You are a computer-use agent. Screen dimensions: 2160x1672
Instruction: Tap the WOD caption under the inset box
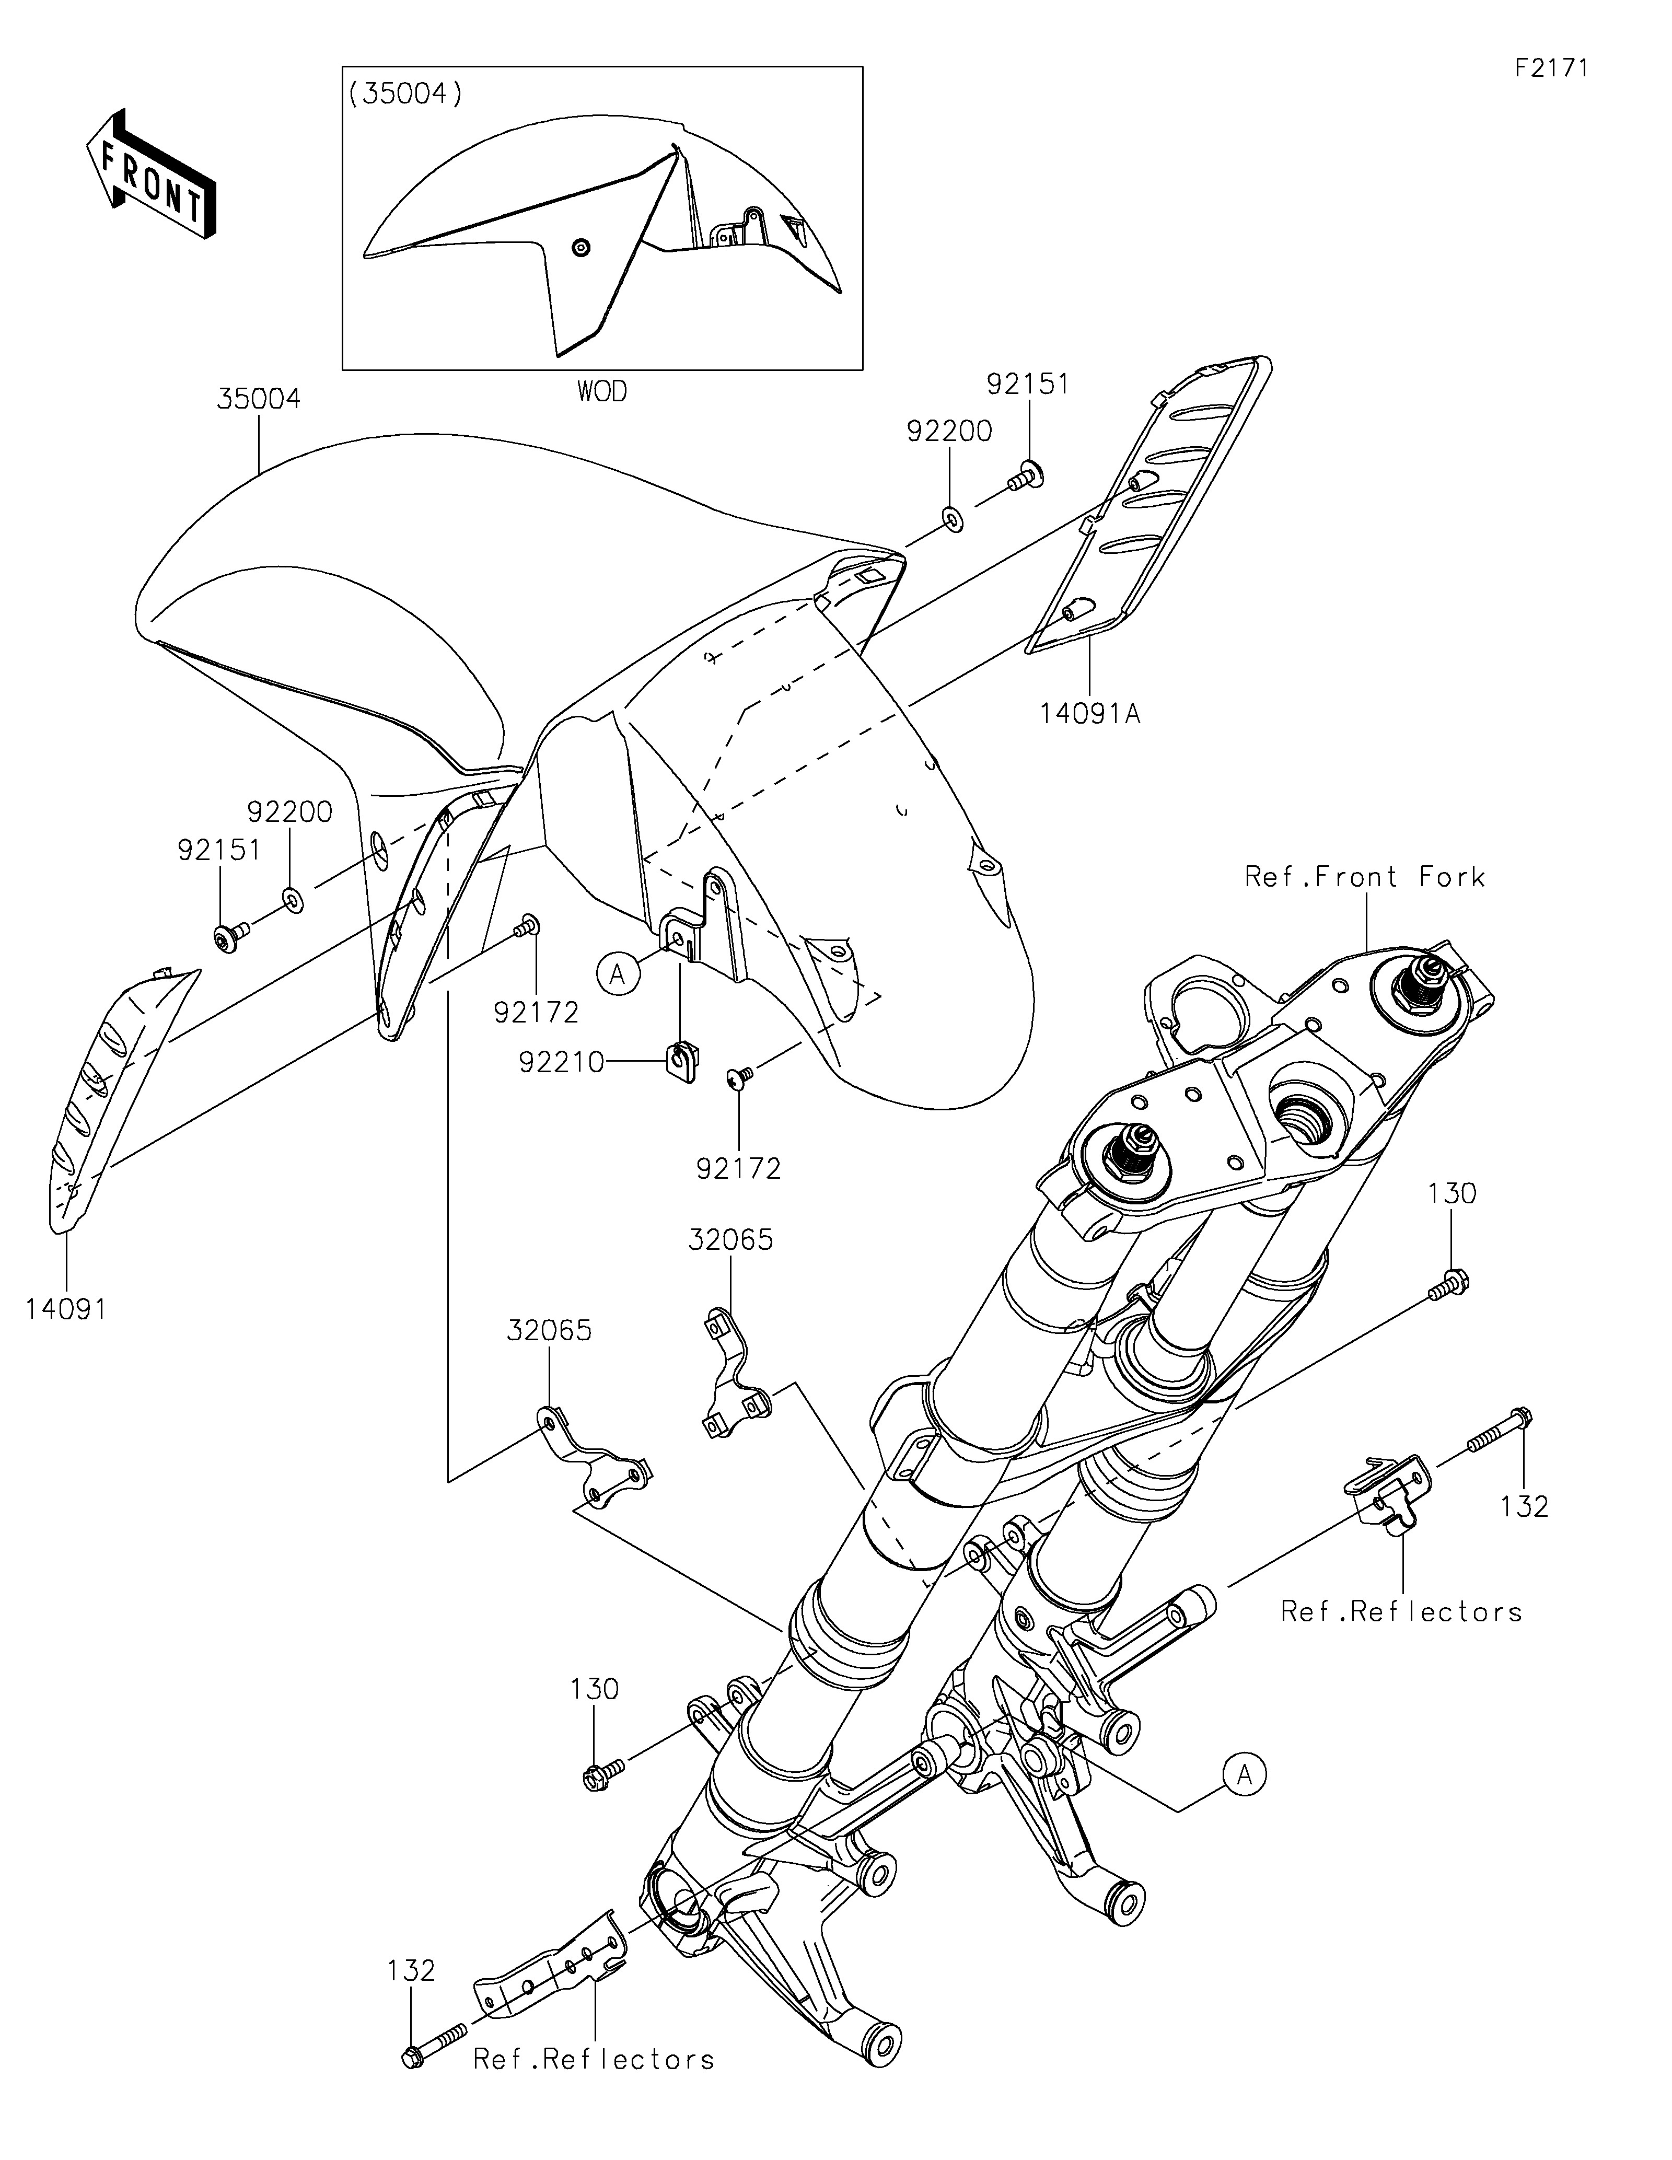pos(601,392)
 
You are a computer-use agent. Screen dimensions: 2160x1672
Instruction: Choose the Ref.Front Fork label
pos(1364,877)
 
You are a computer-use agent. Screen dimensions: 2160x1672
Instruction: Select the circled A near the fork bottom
pos(1245,1775)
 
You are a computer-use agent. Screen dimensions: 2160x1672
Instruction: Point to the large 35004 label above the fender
pos(259,400)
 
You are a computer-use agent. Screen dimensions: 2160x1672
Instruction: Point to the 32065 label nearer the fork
pos(730,1240)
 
